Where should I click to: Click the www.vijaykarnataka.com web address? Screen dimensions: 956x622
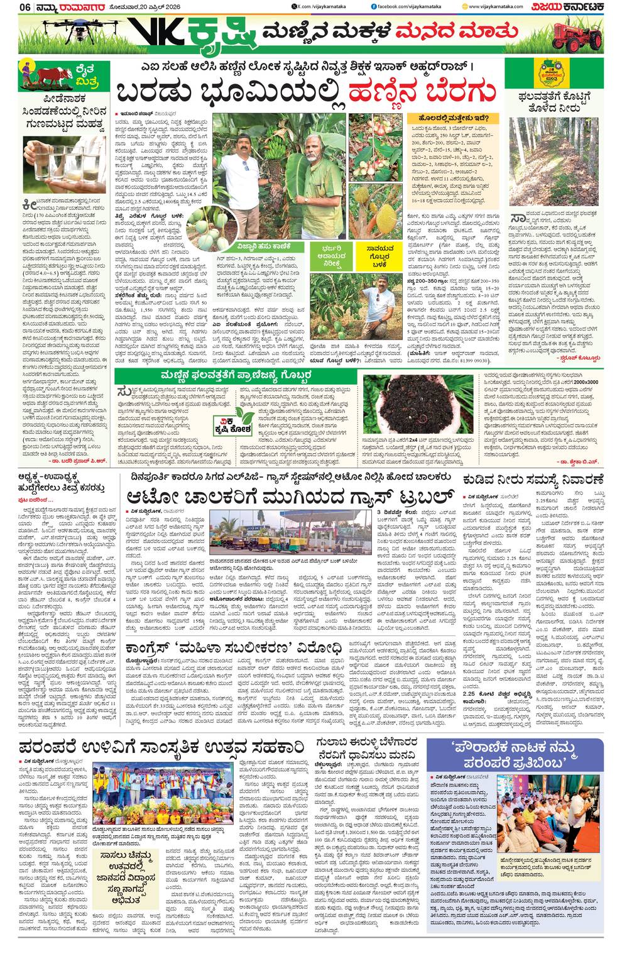pos(496,7)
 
